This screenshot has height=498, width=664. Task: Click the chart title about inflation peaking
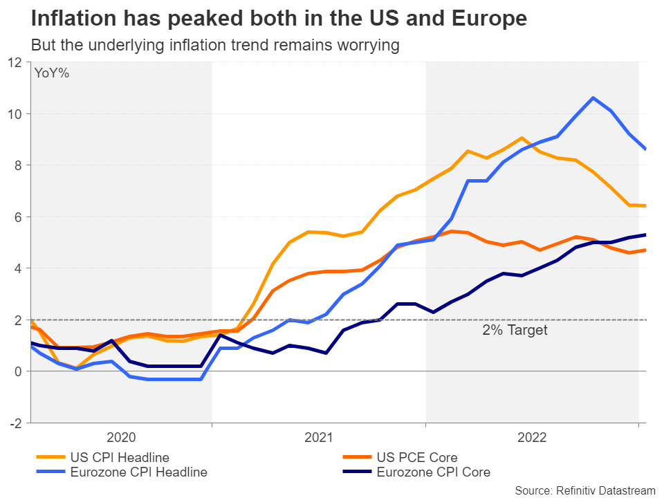[279, 19]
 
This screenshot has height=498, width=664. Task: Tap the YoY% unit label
[52, 73]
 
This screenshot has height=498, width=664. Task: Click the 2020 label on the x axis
[121, 438]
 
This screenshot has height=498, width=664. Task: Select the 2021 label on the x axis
[319, 438]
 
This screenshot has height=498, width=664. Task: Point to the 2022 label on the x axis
[532, 438]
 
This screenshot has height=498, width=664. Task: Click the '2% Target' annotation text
[515, 330]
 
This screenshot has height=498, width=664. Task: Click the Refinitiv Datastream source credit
[584, 490]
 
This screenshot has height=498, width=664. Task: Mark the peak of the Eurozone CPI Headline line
[593, 98]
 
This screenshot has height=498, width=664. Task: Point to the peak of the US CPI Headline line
[522, 138]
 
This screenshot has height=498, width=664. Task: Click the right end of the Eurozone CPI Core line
[645, 234]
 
